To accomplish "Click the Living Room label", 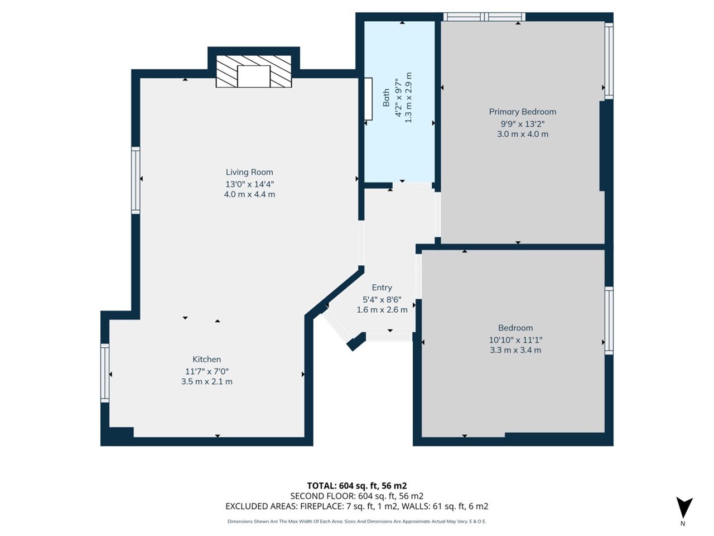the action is (x=249, y=172).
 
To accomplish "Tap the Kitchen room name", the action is (x=206, y=359).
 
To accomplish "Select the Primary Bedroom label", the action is (x=523, y=112).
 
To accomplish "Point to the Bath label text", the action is (x=386, y=98).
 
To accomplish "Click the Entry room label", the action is (x=382, y=288).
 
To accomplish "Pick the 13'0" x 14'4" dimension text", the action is (x=249, y=184).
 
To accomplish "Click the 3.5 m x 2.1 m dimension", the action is (x=206, y=381).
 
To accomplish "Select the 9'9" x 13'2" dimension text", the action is (x=523, y=124).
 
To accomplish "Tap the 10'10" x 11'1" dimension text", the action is (x=515, y=340).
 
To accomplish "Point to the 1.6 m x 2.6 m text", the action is (x=382, y=309).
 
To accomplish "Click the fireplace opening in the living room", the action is (x=254, y=76).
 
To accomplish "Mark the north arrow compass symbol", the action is (x=684, y=509).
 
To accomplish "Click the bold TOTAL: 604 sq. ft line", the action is (x=357, y=486).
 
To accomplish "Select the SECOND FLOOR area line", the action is (x=357, y=496).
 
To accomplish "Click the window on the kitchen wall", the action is (x=105, y=374).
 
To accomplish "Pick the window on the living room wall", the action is (x=136, y=180).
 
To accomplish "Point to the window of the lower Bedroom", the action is (x=609, y=321).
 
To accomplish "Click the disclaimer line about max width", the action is (x=357, y=521).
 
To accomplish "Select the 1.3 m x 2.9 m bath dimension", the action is (x=408, y=98).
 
